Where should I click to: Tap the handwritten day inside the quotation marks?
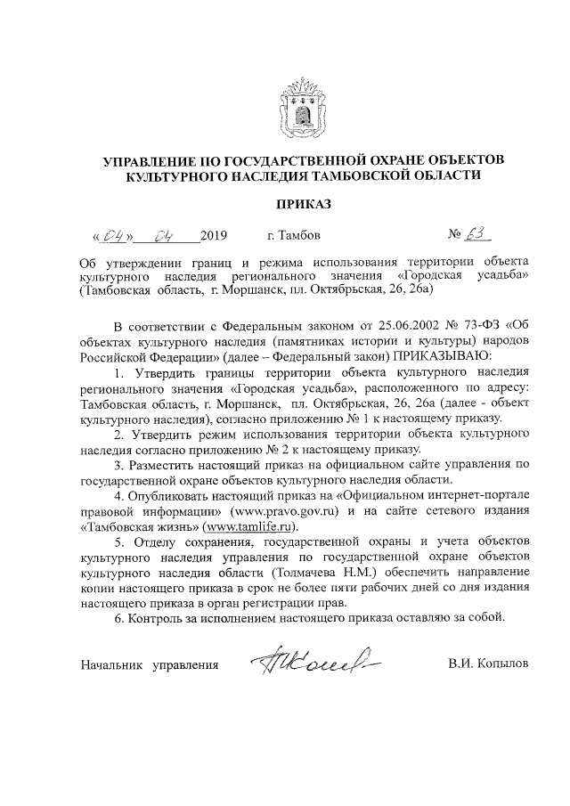114,237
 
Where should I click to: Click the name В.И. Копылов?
488,664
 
